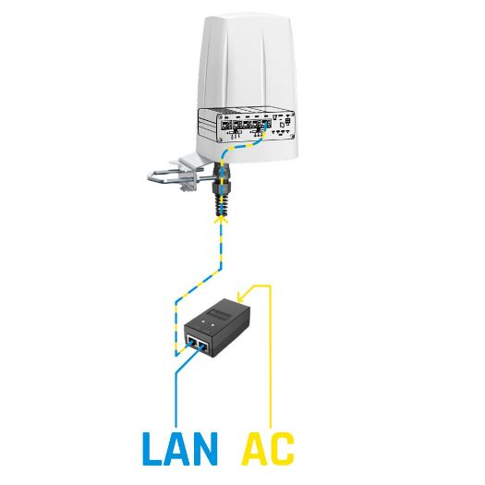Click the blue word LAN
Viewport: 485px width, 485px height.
(180, 447)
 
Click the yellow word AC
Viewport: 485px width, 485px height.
(268, 447)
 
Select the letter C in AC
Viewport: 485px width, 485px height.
(282, 447)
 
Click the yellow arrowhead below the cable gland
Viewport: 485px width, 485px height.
(220, 218)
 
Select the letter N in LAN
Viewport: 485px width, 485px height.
(207, 447)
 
